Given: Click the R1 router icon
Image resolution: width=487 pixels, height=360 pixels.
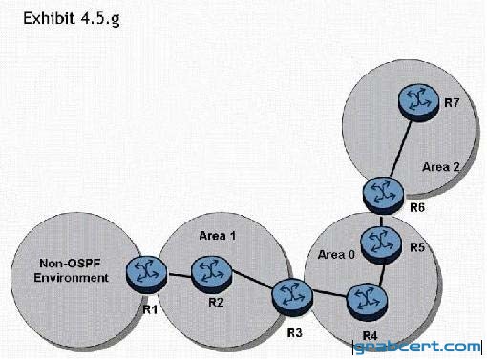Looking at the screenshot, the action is [146, 275].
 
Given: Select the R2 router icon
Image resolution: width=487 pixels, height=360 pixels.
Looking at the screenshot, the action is [211, 274].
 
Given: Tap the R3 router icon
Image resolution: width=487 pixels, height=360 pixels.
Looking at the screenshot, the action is [292, 297].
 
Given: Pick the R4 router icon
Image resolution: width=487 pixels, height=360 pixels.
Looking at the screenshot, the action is [367, 301].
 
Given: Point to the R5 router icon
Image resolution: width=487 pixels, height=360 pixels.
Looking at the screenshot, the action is [381, 245].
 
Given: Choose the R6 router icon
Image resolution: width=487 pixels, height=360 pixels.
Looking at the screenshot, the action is [383, 195].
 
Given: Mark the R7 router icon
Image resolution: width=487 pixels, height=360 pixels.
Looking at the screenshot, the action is [419, 102].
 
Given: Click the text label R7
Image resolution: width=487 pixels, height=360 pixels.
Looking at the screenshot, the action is [452, 103].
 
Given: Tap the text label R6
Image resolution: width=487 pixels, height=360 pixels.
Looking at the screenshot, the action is [417, 207].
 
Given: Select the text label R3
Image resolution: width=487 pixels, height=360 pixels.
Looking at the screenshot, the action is [294, 332].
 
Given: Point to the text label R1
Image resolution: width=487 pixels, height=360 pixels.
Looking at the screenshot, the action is [150, 309].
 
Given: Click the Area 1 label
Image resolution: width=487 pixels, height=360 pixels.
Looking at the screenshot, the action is [218, 236].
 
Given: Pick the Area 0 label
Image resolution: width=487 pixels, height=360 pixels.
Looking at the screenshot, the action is [336, 255].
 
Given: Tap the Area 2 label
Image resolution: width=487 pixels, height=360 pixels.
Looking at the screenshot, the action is [441, 167].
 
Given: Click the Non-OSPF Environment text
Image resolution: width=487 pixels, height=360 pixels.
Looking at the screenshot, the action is [71, 270].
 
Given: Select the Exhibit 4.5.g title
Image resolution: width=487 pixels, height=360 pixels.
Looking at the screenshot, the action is [72, 19].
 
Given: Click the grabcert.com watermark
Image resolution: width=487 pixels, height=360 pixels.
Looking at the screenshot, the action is [417, 347].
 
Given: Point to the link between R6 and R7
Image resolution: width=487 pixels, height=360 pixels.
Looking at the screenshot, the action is [401, 149].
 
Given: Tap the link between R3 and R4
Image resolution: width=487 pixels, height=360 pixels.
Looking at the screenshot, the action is [329, 294].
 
